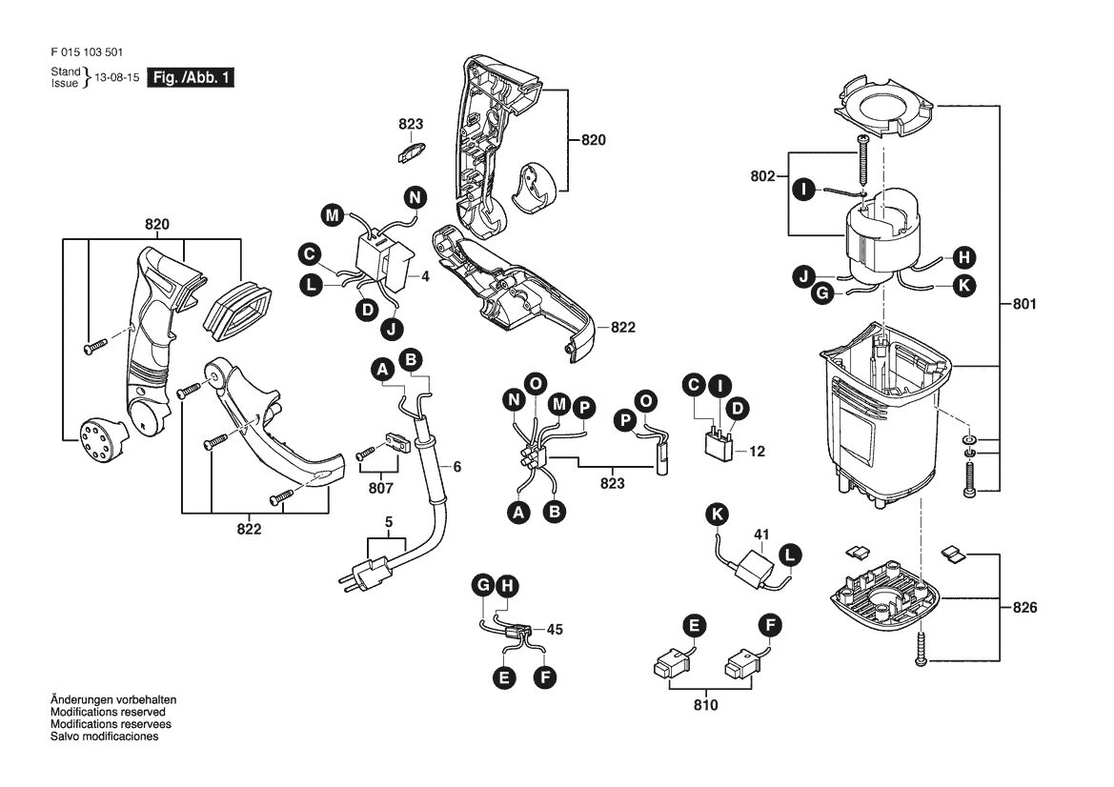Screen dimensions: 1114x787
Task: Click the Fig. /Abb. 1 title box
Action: [x=191, y=77]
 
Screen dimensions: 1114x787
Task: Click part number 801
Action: [x=1024, y=304]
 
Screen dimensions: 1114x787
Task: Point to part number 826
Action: [x=1024, y=607]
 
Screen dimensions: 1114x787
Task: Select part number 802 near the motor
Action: [x=762, y=175]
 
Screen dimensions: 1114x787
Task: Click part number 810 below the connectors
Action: [x=705, y=705]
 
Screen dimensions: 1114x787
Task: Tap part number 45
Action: [x=555, y=630]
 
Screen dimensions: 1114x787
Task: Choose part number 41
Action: [x=761, y=535]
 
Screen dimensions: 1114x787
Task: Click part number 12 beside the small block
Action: [x=757, y=451]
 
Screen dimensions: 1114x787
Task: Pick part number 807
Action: [x=381, y=489]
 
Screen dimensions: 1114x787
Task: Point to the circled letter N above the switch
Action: [x=415, y=196]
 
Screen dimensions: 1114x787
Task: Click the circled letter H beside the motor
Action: [x=964, y=257]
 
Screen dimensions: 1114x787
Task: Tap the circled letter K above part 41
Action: [x=718, y=514]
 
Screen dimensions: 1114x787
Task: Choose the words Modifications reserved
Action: [x=108, y=712]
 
